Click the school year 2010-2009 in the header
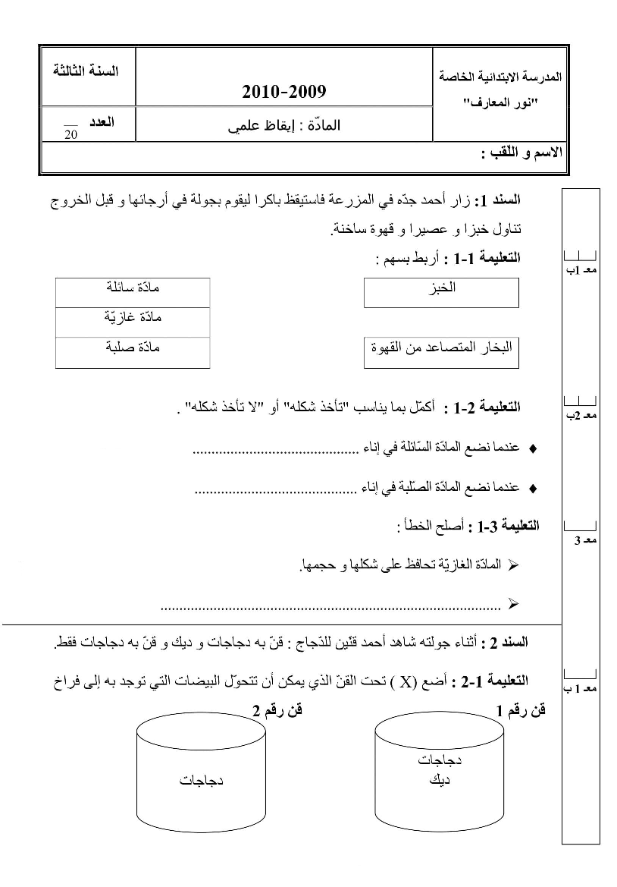(x=283, y=93)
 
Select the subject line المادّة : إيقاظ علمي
(x=283, y=127)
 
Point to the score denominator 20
(x=71, y=134)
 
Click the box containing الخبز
(x=441, y=293)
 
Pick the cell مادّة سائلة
(x=133, y=291)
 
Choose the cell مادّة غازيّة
(x=133, y=322)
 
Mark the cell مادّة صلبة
(x=133, y=351)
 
